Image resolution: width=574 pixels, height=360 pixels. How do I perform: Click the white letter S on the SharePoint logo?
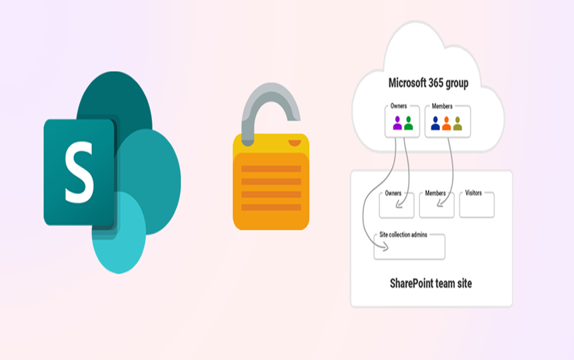pos(79,172)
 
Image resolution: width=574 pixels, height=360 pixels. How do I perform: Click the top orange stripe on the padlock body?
pos(271,168)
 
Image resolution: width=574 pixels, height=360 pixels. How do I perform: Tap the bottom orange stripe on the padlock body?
pos(271,207)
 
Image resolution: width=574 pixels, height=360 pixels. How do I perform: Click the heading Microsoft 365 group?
pos(428,83)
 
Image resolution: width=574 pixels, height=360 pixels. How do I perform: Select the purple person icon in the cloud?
pos(397,123)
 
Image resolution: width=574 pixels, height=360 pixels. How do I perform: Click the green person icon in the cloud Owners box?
pos(409,123)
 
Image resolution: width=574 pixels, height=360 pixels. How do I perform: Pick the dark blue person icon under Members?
pos(435,123)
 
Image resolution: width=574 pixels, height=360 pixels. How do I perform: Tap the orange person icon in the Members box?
pos(447,123)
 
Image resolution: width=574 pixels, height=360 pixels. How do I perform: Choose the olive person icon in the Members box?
pos(457,123)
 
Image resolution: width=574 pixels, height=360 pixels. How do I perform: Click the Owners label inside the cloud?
pos(399,106)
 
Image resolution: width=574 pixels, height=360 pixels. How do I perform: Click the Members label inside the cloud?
pos(442,106)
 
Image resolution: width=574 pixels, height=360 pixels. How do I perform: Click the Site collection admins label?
pos(403,235)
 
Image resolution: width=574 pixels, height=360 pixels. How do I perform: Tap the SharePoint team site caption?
pos(431,283)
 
